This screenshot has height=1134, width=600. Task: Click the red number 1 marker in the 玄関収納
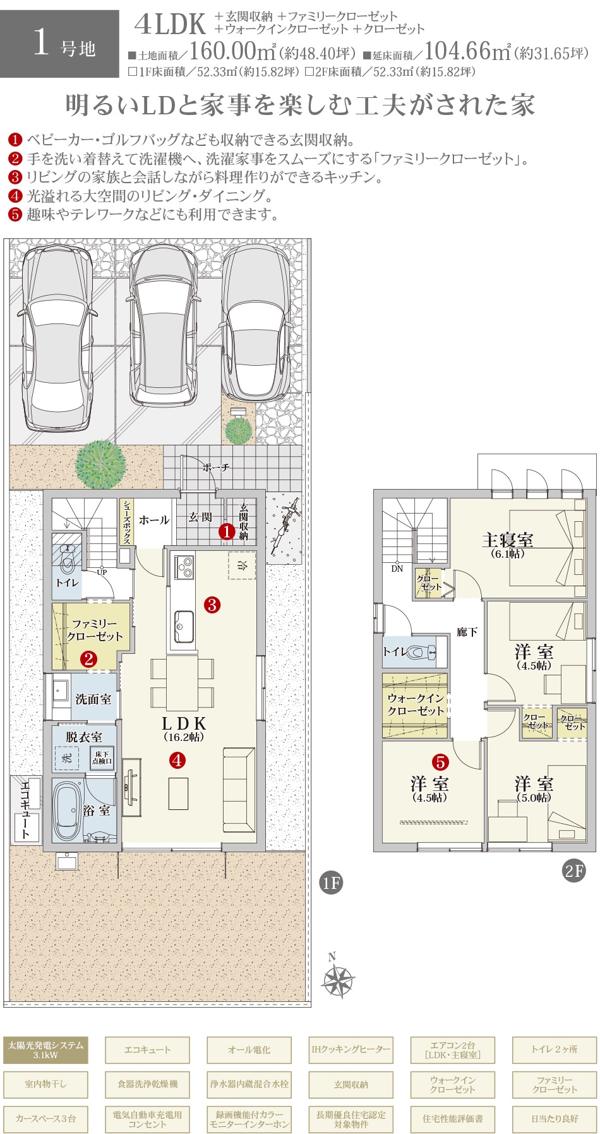[x=227, y=532]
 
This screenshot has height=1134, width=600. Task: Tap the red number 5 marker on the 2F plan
[x=440, y=762]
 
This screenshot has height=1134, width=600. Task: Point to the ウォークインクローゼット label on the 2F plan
[x=416, y=704]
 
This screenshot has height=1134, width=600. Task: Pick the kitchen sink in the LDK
[x=184, y=626]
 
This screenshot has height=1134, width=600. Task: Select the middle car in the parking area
[x=163, y=325]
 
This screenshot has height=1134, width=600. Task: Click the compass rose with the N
[x=339, y=979]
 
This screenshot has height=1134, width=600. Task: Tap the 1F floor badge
[x=331, y=883]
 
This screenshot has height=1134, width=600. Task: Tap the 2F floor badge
[x=573, y=871]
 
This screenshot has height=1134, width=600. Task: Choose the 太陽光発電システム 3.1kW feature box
[x=45, y=1050]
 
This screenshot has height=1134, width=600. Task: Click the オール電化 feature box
[x=249, y=1050]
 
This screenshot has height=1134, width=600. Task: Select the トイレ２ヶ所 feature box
[x=554, y=1050]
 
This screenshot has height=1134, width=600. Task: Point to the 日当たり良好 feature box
[x=554, y=1118]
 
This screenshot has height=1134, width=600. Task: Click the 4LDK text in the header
[x=170, y=25]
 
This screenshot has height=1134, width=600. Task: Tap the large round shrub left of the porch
[x=100, y=464]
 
